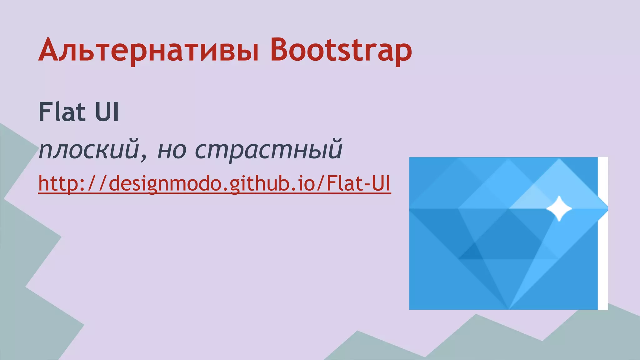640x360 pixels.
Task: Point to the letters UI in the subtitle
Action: (107, 112)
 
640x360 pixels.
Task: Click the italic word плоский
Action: (89, 149)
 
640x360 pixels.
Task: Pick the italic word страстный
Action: (269, 149)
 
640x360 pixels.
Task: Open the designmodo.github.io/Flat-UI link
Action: (214, 183)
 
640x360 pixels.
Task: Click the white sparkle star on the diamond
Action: (559, 208)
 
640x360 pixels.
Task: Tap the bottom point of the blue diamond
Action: (509, 308)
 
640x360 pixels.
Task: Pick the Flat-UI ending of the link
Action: (359, 183)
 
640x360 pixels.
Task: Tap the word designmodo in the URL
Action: (165, 183)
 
